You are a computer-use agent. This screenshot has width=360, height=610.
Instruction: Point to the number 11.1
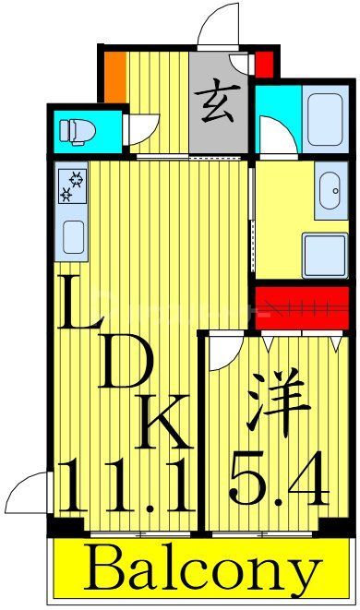[x=126, y=486]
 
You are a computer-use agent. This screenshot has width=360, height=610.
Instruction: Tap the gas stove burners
[x=72, y=185]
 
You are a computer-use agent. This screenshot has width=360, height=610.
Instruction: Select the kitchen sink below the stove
[x=73, y=238]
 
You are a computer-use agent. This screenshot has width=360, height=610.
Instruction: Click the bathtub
[x=325, y=115]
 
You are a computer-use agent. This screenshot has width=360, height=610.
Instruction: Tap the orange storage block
[x=114, y=74]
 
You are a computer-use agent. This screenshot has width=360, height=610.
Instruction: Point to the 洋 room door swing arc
[x=225, y=353]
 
